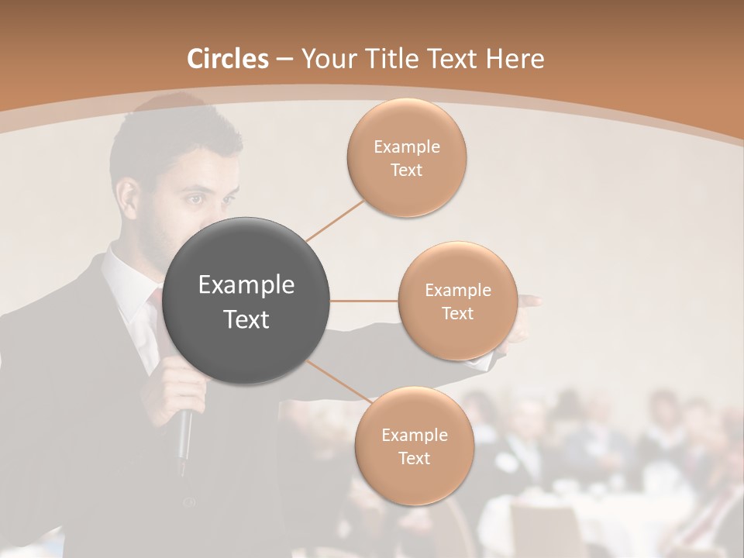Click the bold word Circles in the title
coord(228,59)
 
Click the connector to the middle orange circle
coord(364,301)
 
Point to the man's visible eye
coord(195,199)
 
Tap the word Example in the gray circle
coord(246,285)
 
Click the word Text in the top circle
coord(406,170)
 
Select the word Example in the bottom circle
coord(414,435)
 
